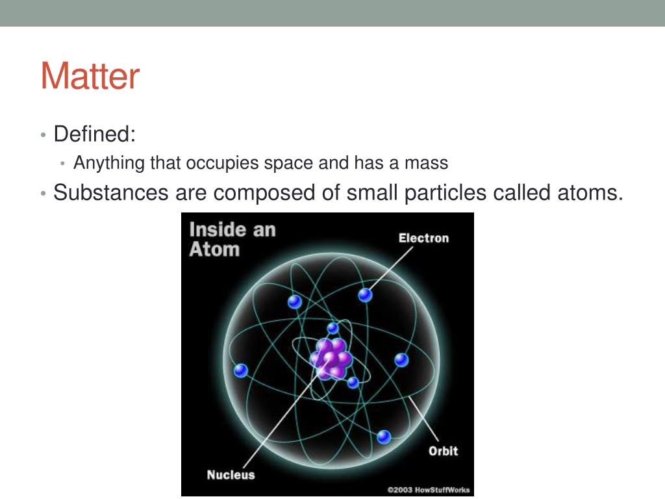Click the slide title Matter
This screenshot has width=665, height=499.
[x=90, y=77]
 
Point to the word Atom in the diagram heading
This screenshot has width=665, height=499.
[x=214, y=249]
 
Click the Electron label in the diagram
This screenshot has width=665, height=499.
[x=423, y=238]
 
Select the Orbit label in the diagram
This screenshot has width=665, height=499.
[x=443, y=451]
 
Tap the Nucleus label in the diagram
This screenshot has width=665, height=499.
[x=231, y=475]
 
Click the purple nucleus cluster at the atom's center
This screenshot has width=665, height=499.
[x=331, y=358]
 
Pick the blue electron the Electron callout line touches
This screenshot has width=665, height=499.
[x=365, y=295]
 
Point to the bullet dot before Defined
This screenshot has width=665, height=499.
[x=43, y=135]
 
